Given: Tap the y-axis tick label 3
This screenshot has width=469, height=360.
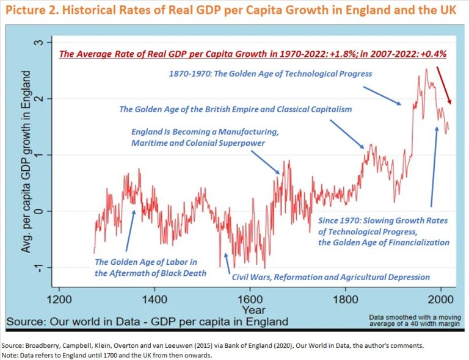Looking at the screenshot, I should [x=40, y=42].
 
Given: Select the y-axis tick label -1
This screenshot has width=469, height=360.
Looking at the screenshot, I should [x=40, y=268].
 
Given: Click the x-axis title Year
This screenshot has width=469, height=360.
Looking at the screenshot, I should [x=249, y=310].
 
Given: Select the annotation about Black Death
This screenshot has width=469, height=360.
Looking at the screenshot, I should [x=150, y=267].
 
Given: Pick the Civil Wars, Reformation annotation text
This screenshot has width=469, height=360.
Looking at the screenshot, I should [x=330, y=277].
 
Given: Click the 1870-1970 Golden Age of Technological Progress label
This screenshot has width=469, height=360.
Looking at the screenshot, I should [x=270, y=73].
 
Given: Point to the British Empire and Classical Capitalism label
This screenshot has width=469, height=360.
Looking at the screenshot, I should [x=235, y=109].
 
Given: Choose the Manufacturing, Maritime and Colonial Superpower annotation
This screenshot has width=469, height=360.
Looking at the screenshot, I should [x=205, y=137].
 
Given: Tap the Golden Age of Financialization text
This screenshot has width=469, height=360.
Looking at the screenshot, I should [x=384, y=242].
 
